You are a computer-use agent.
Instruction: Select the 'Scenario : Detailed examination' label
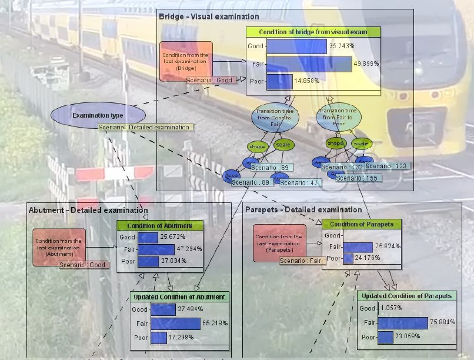coord(144,127)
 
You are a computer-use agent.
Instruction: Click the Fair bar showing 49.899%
coord(309,64)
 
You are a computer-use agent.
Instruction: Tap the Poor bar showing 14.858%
coord(275,81)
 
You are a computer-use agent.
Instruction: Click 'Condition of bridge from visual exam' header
coord(313,32)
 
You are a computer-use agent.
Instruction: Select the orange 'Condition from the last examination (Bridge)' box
coord(186,61)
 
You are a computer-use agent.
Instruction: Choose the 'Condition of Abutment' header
coord(159,225)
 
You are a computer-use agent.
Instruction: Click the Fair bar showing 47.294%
coord(156,249)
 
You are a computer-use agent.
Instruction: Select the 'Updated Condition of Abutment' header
coord(179,297)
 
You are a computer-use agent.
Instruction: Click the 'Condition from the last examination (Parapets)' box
coord(279,242)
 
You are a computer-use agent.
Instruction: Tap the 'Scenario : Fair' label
coord(302,261)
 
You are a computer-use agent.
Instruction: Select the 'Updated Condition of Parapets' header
coord(406,296)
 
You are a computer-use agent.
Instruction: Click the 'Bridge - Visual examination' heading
coord(209,16)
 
